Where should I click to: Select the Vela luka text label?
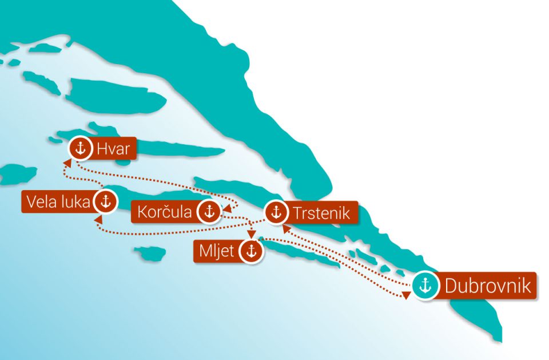[57, 201]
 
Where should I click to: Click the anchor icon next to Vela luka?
[105, 201]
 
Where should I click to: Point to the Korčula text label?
[165, 212]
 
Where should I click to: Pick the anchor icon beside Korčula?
[209, 212]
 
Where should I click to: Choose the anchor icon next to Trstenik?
[277, 212]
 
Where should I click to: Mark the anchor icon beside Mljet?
[250, 251]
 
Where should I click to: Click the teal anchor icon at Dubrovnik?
[425, 286]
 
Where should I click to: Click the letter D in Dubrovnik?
[450, 286]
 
